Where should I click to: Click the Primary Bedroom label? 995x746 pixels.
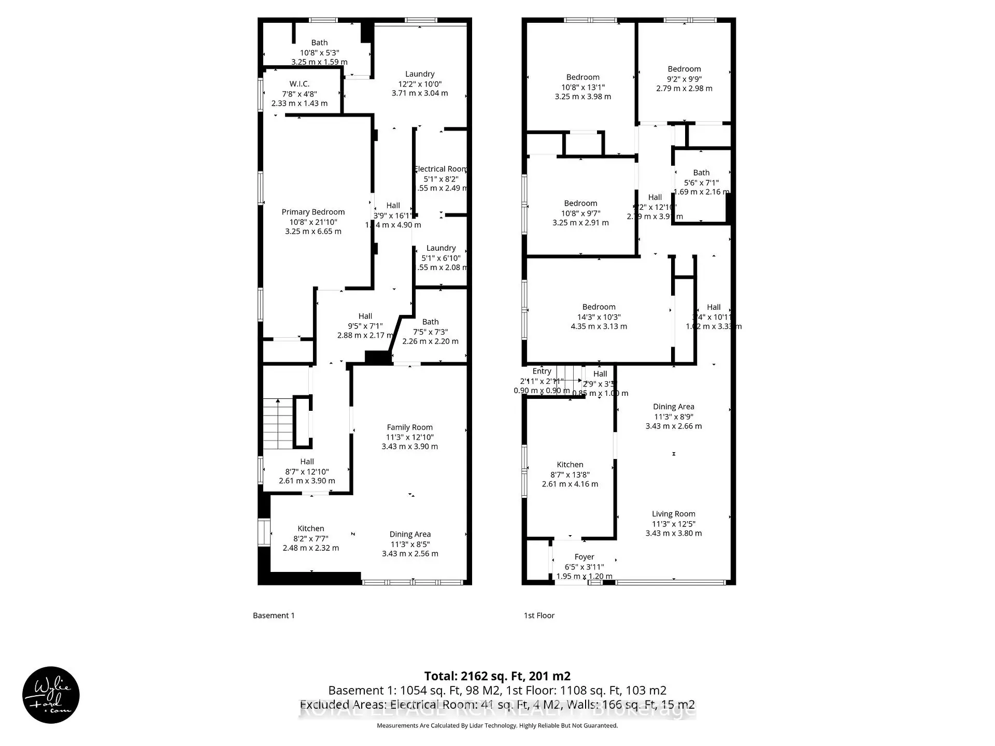[313, 212]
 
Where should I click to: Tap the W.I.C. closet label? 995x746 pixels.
[299, 84]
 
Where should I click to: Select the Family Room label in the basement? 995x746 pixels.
[409, 427]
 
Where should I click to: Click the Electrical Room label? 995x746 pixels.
[441, 169]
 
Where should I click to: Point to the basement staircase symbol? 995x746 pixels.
[278, 424]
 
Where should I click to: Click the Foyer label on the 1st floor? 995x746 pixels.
[584, 557]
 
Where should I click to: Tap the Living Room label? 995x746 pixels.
[673, 514]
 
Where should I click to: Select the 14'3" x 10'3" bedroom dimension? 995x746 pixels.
[599, 317]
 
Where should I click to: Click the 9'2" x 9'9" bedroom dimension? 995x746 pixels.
[684, 79]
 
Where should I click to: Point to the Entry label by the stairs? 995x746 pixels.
[542, 371]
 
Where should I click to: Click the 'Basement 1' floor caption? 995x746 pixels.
[274, 615]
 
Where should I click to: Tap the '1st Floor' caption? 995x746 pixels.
[539, 615]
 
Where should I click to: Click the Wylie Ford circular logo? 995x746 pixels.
[51, 695]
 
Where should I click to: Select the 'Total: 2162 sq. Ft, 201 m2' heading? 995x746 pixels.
[497, 676]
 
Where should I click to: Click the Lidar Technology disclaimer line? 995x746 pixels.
[497, 725]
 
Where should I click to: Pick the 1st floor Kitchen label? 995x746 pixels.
[570, 465]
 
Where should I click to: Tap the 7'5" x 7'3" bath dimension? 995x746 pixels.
[430, 332]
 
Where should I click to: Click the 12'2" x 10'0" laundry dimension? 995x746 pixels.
[420, 84]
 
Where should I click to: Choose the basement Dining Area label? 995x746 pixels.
[410, 534]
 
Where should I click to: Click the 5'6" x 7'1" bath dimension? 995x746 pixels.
[701, 182]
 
